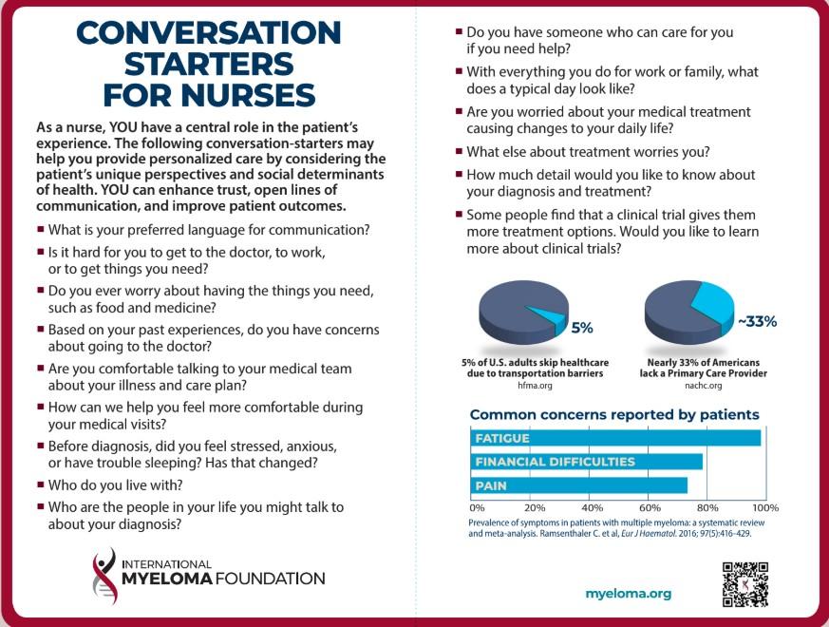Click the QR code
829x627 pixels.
[745, 584]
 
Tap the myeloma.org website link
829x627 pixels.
[628, 594]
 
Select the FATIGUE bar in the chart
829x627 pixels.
[616, 438]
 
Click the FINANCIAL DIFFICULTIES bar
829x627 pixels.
[587, 462]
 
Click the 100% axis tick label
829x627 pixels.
[765, 507]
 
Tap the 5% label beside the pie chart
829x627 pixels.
[582, 328]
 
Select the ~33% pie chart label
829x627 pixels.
[757, 321]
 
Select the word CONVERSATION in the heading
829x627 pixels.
[208, 32]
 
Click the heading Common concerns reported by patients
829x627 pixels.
[614, 415]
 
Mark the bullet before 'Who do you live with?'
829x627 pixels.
[40, 484]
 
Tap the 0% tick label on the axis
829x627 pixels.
[478, 507]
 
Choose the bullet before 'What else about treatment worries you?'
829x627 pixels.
[458, 152]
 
